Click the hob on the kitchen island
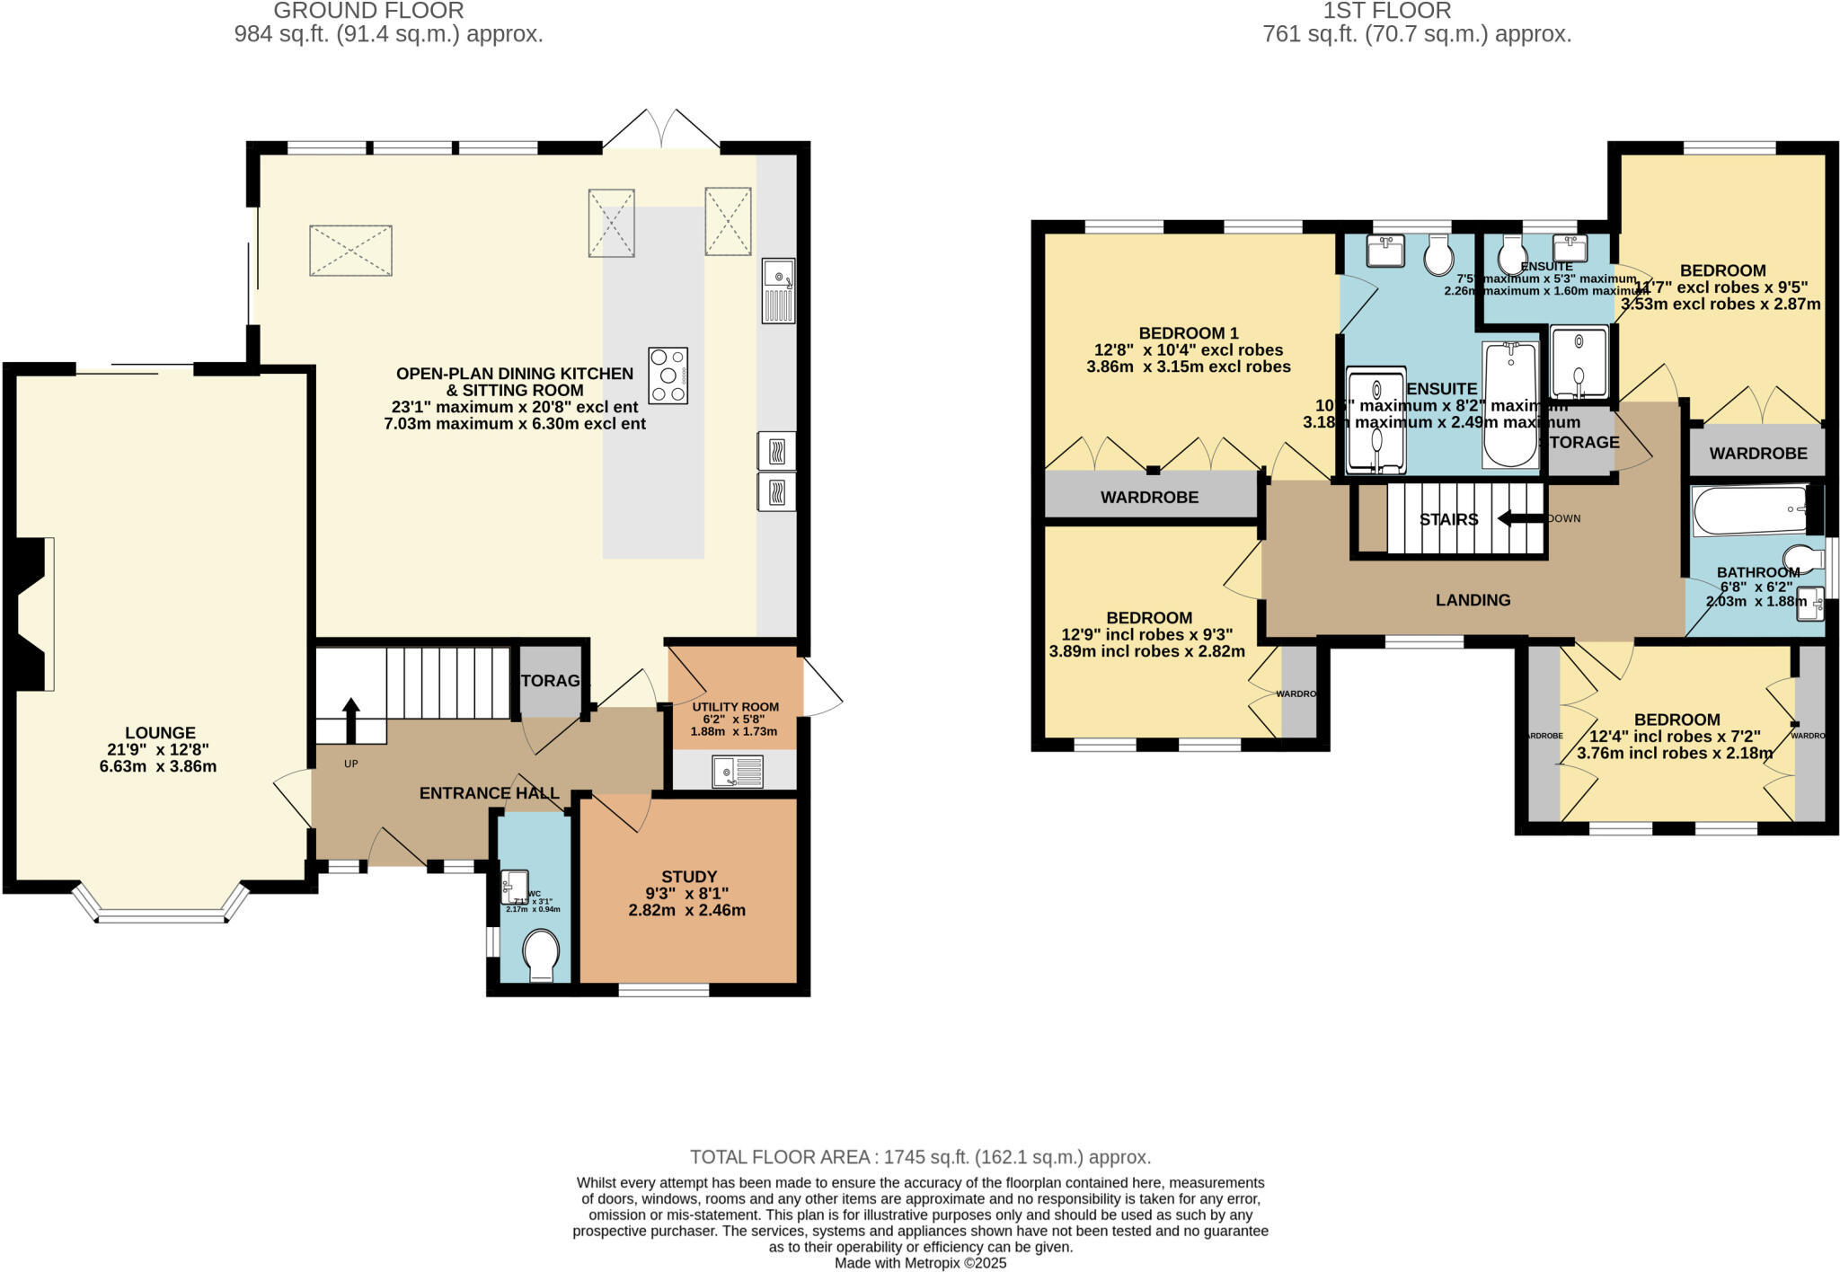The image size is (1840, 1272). coord(668,375)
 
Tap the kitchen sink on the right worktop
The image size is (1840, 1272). coord(778,290)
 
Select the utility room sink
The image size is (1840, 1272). coord(737,772)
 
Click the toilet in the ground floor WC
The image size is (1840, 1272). coord(541,956)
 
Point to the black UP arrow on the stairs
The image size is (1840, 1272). coord(350,720)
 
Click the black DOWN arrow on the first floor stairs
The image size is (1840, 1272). coord(1518,518)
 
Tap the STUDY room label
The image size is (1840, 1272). coord(689,876)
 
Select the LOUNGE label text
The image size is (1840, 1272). coord(160,732)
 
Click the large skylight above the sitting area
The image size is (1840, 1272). coord(350,251)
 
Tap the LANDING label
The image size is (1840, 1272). coord(1473,599)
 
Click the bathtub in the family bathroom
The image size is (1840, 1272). coord(1750,509)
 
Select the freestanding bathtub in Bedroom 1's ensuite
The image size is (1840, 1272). coord(1510,404)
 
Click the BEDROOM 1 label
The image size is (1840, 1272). coord(1188,332)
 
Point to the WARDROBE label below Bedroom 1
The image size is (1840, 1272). coord(1149,497)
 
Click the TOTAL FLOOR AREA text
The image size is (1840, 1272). coord(919,1156)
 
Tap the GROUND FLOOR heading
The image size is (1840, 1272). coord(368,11)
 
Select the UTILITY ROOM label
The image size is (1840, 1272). coord(735,706)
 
